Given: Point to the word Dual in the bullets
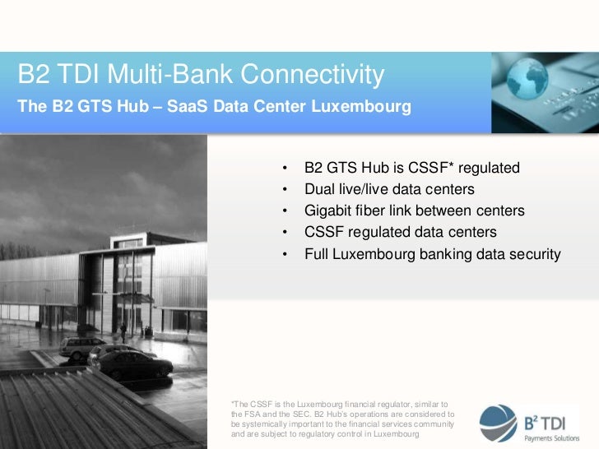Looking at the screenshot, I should (319, 190).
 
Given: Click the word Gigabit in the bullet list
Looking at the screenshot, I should (330, 211).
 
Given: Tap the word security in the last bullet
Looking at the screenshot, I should (532, 254).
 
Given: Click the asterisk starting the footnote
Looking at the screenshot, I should (234, 403).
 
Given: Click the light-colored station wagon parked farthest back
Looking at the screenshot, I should (81, 346).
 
